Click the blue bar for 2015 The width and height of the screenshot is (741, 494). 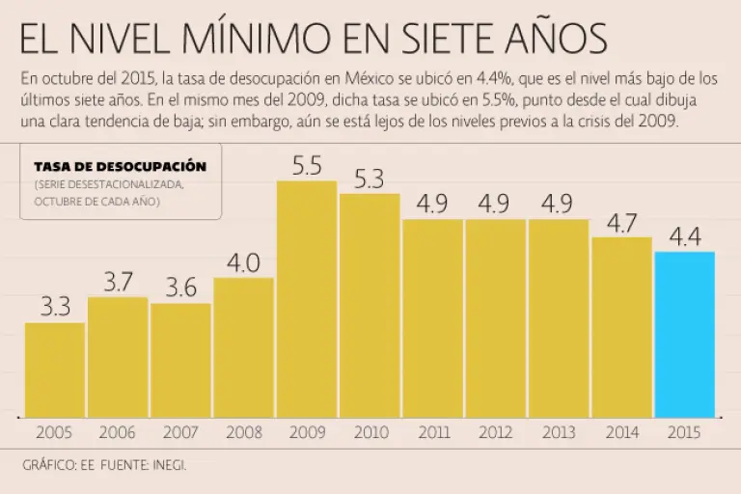(684, 334)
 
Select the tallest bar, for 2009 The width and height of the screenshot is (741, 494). (307, 298)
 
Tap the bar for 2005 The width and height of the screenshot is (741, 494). (55, 369)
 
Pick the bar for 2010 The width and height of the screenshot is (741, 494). (370, 305)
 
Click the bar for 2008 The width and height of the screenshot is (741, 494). (243, 346)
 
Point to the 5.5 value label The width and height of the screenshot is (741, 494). (307, 166)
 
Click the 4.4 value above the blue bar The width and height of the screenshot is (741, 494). (684, 236)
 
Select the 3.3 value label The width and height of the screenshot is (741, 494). (55, 307)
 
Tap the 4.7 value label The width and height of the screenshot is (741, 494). (621, 222)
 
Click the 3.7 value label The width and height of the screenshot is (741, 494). (118, 282)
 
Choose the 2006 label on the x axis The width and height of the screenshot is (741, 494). (118, 433)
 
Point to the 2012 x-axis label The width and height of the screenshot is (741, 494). (495, 433)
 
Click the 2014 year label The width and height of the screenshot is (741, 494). (621, 433)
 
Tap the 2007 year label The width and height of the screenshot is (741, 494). (180, 433)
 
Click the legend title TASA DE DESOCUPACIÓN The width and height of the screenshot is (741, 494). (121, 167)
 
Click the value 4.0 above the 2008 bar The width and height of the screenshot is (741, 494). (243, 262)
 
